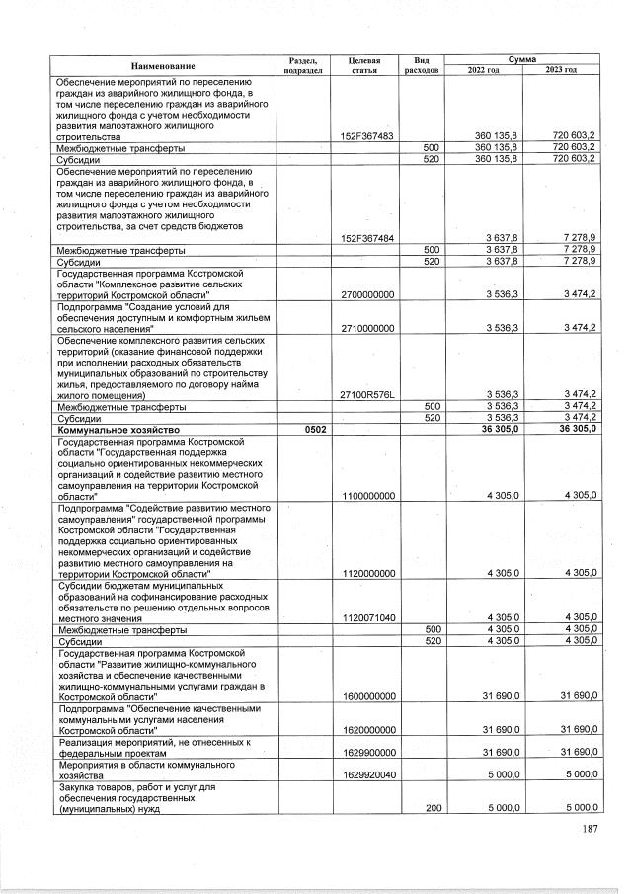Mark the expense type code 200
pyautogui.click(x=431, y=807)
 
